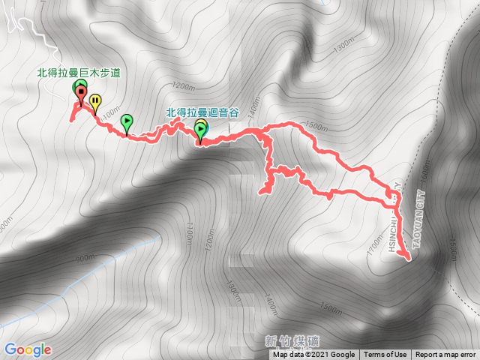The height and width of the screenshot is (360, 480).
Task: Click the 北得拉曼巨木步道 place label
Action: (79, 73)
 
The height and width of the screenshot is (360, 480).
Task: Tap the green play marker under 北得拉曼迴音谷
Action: (201, 131)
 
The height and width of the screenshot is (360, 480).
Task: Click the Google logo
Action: (27, 349)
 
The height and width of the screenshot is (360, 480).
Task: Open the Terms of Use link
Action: (385, 355)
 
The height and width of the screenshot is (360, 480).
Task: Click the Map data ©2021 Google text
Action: (313, 355)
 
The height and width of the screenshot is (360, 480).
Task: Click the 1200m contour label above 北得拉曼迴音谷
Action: (183, 84)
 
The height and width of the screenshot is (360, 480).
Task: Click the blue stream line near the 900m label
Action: (112, 255)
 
